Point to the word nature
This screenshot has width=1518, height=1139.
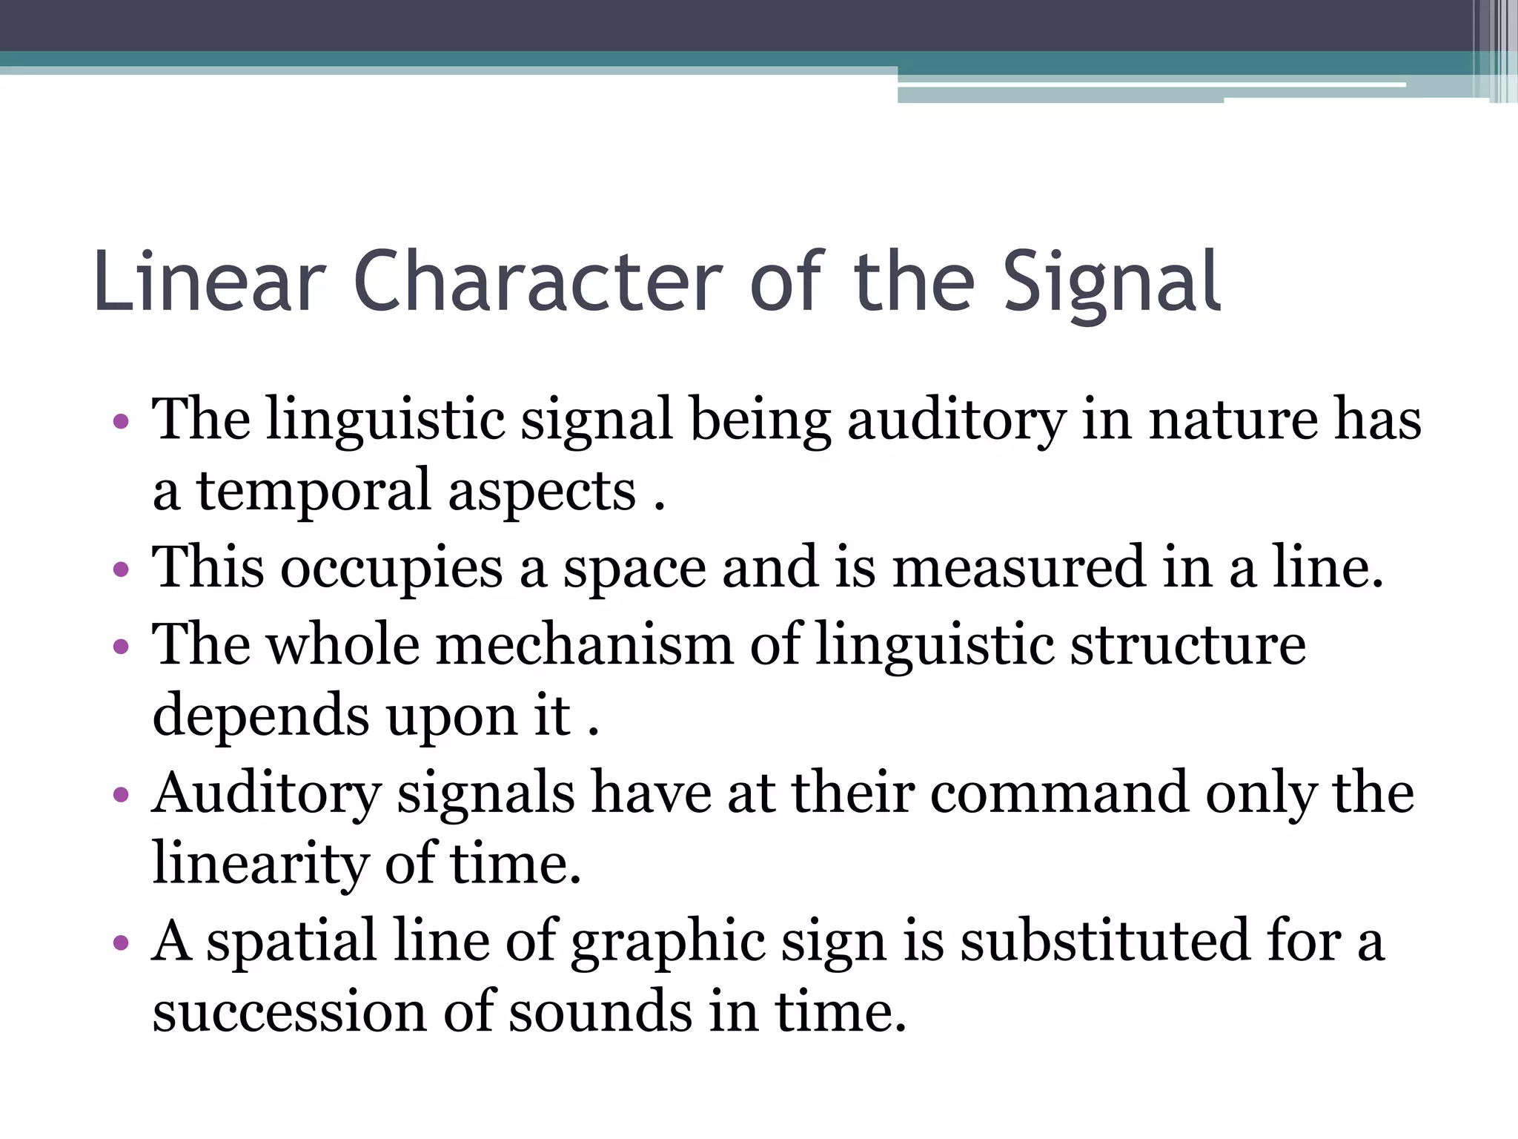pos(1233,420)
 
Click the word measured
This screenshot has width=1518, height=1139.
pos(1018,567)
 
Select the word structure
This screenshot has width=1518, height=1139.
pos(1188,644)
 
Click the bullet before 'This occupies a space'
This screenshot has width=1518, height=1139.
pos(121,571)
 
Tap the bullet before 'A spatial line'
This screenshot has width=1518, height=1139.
pos(121,943)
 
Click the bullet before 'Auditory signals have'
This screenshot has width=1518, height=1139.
pos(121,795)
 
